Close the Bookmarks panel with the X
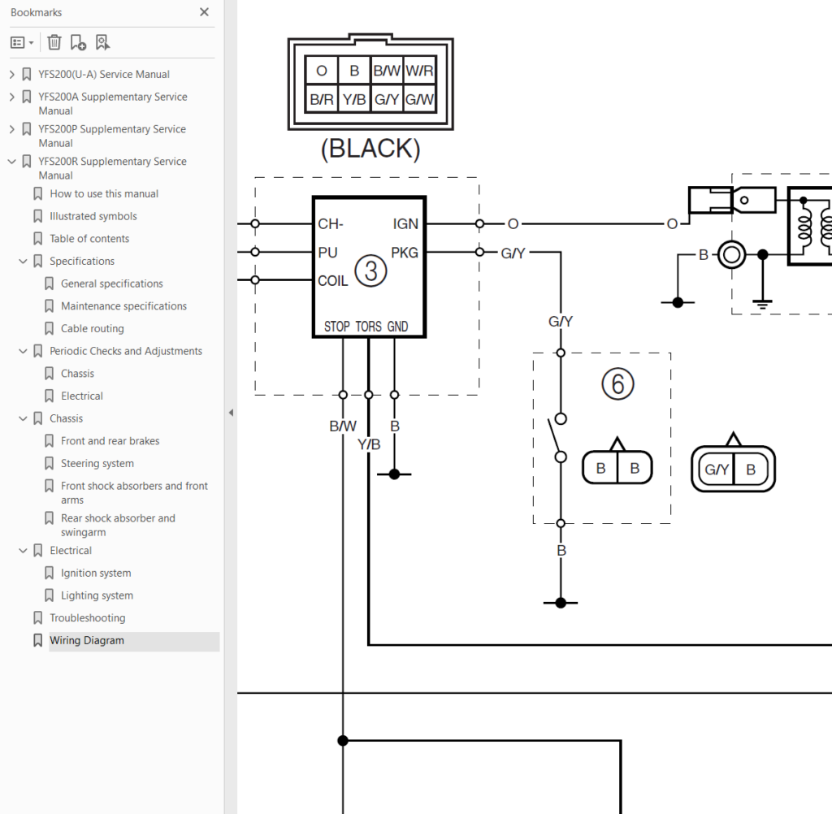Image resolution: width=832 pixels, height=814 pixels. pyautogui.click(x=204, y=12)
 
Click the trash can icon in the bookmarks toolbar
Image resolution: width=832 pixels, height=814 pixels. pyautogui.click(x=54, y=42)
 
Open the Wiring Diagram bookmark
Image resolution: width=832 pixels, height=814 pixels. pyautogui.click(x=87, y=640)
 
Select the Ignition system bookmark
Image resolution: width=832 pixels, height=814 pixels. pyautogui.click(x=96, y=573)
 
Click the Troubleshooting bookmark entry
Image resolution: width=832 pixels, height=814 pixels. pyautogui.click(x=88, y=617)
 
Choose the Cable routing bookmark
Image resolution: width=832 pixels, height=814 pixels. pyautogui.click(x=93, y=328)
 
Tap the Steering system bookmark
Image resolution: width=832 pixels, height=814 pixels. pyautogui.click(x=97, y=463)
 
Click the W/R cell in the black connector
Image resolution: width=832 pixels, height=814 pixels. pyautogui.click(x=420, y=71)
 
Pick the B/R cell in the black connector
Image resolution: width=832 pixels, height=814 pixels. pyautogui.click(x=322, y=99)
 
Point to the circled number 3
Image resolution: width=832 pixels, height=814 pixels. pyautogui.click(x=370, y=271)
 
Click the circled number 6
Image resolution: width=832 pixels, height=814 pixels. pyautogui.click(x=617, y=384)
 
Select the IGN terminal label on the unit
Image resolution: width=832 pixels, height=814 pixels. pyautogui.click(x=405, y=224)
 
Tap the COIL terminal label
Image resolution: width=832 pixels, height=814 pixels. pyautogui.click(x=332, y=281)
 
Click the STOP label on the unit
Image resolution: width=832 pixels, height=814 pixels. pyautogui.click(x=337, y=327)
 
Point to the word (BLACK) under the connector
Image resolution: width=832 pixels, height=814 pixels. pyautogui.click(x=370, y=149)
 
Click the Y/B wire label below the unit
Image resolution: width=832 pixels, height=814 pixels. pyautogui.click(x=369, y=444)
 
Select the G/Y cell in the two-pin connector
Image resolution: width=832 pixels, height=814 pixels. pyautogui.click(x=717, y=469)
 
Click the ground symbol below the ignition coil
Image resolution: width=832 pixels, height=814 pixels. pyautogui.click(x=762, y=304)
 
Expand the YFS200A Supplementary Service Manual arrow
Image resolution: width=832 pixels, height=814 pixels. pyautogui.click(x=12, y=97)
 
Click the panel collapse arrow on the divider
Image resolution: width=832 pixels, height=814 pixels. pyautogui.click(x=231, y=413)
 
